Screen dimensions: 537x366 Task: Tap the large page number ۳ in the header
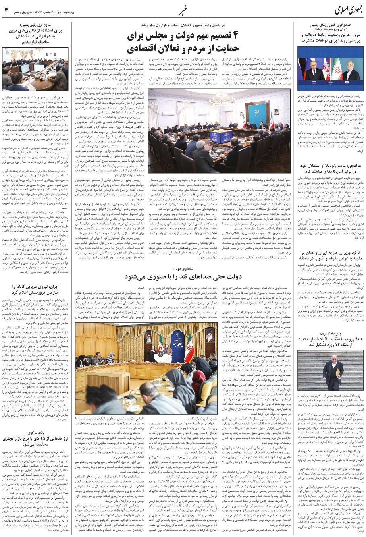(x=7, y=10)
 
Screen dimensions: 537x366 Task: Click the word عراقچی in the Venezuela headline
(x=354, y=166)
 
